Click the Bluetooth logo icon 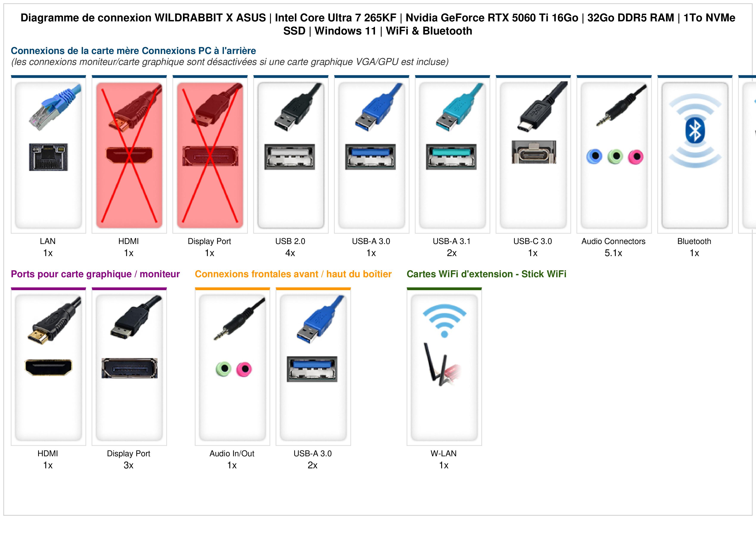(695, 131)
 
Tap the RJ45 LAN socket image (48, 157)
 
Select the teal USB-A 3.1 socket (451, 157)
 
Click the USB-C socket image (534, 152)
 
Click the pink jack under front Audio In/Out (244, 369)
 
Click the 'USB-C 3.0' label (533, 241)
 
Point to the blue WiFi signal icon (444, 320)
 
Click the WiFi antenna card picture (441, 364)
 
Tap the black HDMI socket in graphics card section (48, 367)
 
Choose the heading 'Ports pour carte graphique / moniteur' (95, 274)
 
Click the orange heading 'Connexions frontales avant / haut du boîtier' (293, 274)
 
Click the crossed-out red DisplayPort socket (210, 156)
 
